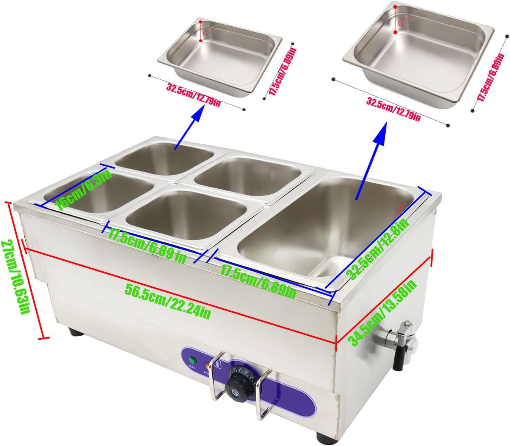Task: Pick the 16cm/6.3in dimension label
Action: click(83, 190)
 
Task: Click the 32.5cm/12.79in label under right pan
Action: click(393, 109)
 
